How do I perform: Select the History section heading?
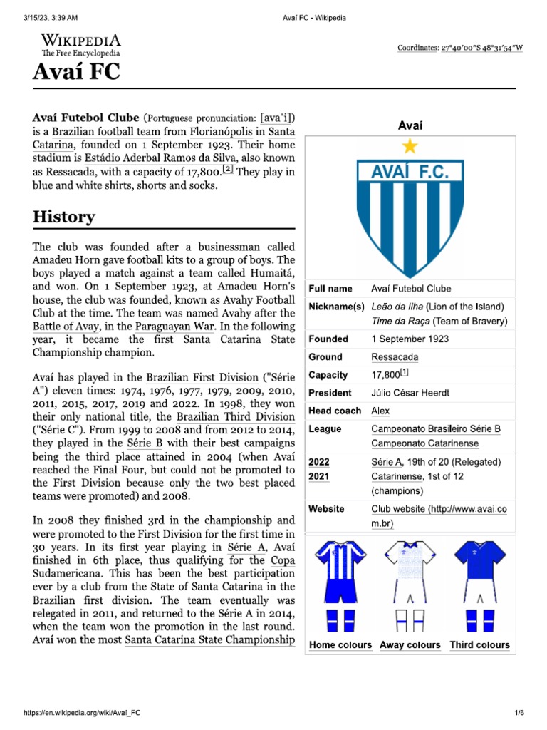click(x=64, y=217)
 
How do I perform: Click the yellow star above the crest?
click(x=410, y=146)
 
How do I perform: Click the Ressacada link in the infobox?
click(x=395, y=357)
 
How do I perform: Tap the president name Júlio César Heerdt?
click(x=410, y=393)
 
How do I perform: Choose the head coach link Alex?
click(x=380, y=411)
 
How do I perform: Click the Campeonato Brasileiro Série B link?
click(x=436, y=429)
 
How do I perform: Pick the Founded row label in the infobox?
click(x=328, y=339)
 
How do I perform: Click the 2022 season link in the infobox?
click(x=318, y=462)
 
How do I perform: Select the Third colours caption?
click(x=479, y=645)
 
